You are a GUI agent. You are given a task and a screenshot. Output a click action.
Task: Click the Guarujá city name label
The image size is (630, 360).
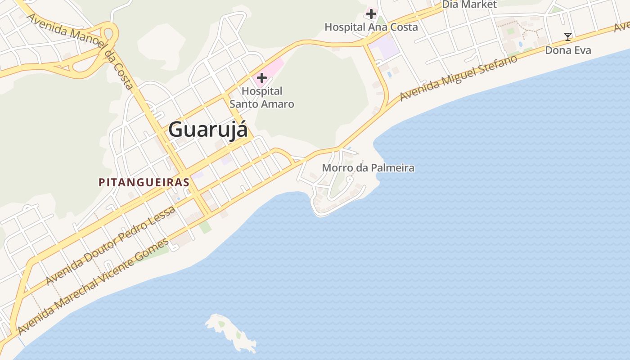(208, 130)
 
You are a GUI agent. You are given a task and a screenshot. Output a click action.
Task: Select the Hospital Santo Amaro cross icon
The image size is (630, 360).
(261, 78)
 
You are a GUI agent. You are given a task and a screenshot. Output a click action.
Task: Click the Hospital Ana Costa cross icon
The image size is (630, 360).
(371, 14)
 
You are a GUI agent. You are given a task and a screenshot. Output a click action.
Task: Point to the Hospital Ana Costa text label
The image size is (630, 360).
(371, 27)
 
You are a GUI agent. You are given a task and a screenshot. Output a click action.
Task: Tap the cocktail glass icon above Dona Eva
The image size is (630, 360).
(568, 36)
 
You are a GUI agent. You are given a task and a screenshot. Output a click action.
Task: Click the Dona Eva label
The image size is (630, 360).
(568, 50)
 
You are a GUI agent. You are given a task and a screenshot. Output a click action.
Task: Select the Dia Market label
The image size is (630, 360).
(469, 4)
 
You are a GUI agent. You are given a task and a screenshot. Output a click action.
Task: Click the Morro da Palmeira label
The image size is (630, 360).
(368, 168)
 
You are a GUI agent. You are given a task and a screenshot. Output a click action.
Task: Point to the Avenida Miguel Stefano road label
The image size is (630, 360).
(458, 78)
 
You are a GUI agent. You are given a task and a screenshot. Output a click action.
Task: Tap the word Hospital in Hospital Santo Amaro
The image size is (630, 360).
(262, 91)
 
